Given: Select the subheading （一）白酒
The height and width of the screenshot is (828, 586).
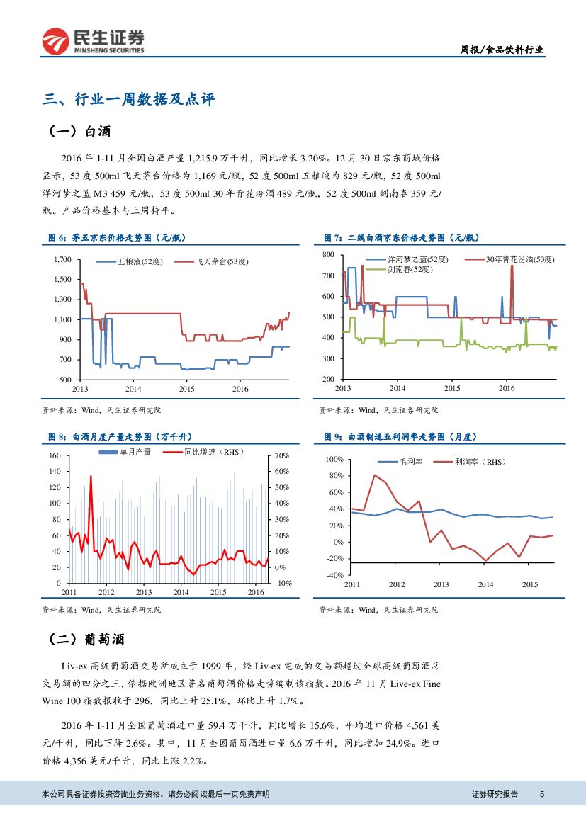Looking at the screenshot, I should coord(79,132).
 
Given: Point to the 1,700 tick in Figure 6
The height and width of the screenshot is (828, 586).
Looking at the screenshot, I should coord(62,260).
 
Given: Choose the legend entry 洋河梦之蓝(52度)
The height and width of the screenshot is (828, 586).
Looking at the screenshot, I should coord(418,260).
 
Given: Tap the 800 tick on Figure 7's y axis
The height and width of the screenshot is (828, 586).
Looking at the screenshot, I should coord(327,254).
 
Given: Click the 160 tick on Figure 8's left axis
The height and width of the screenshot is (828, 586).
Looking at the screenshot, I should coord(54,455).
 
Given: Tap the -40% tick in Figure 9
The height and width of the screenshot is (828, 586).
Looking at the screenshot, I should coord(334,574).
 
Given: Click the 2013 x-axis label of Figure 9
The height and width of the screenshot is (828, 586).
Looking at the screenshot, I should coord(441,584).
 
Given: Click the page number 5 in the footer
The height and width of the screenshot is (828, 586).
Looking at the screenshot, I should coord(541,794).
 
